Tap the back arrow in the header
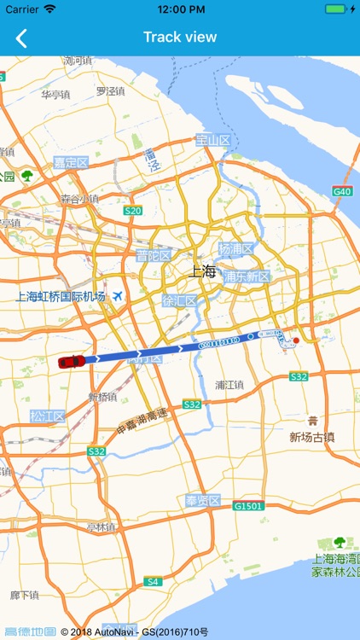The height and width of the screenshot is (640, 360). tap(21, 38)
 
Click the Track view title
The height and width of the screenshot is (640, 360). tap(180, 37)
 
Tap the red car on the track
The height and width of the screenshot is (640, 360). tap(72, 361)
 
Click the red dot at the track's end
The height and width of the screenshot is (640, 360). tap(296, 340)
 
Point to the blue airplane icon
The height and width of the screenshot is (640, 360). tap(118, 296)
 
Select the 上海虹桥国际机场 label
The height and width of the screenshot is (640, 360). tap(61, 297)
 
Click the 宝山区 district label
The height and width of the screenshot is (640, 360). tap(212, 140)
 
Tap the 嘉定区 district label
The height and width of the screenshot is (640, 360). tap(71, 162)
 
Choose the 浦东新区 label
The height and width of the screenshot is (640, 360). tap(247, 276)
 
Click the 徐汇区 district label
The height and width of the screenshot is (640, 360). tap(179, 300)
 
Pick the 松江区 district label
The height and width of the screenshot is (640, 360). tap(47, 416)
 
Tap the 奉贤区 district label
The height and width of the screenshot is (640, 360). tap(203, 500)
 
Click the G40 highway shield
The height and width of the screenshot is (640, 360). tap(342, 192)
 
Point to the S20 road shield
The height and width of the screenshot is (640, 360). tap(132, 210)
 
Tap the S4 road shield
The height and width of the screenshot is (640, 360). tap(153, 581)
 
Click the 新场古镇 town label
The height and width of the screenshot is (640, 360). tap(312, 437)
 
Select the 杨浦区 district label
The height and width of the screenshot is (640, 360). tap(236, 249)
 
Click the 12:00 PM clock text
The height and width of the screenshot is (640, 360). tap(180, 9)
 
